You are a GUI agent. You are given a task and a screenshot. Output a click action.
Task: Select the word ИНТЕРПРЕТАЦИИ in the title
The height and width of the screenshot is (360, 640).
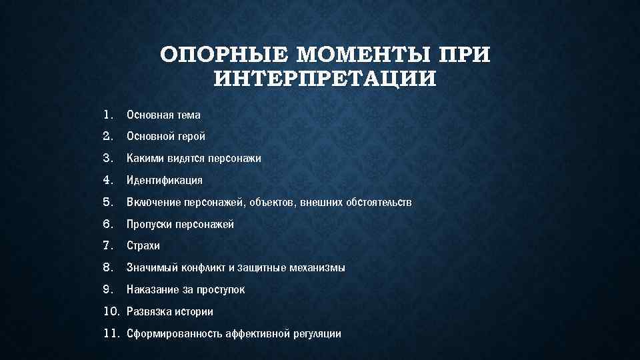point(326,79)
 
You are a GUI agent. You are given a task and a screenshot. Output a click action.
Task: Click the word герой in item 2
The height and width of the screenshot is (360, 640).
point(191,137)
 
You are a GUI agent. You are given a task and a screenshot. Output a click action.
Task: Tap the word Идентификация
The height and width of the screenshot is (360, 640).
point(165,181)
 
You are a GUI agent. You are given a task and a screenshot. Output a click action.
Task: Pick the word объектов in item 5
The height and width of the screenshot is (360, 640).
point(274,202)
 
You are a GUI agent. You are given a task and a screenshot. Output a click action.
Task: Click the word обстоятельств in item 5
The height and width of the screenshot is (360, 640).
point(379,202)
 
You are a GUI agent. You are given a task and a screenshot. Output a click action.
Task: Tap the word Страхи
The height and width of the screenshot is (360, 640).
point(143,246)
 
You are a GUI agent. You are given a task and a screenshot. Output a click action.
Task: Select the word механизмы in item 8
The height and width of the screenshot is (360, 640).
point(314,268)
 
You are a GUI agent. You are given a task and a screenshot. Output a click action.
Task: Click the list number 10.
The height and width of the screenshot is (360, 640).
point(111,311)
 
